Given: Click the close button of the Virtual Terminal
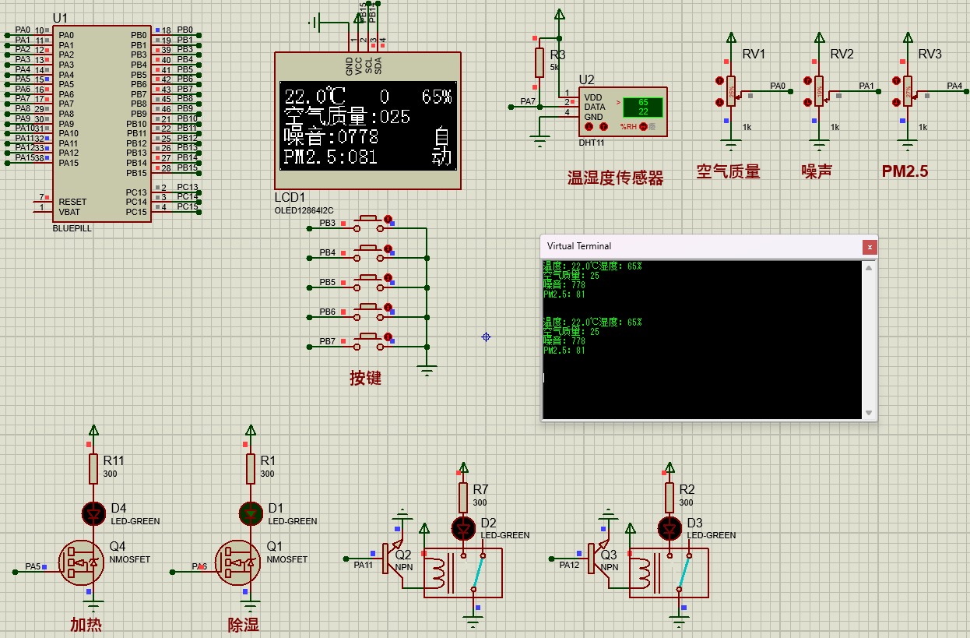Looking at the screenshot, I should click(x=869, y=247).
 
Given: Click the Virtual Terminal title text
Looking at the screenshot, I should click(x=579, y=246).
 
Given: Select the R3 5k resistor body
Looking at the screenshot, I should click(x=539, y=62).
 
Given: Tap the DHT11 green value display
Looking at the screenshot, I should click(x=642, y=108).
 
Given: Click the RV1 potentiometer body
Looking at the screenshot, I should click(x=730, y=90).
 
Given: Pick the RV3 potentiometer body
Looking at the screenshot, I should click(x=908, y=90).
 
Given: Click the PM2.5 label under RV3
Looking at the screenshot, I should click(x=905, y=171).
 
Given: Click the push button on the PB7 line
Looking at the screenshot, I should click(x=370, y=341).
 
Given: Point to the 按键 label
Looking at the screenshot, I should click(x=365, y=379).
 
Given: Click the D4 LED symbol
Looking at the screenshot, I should click(x=94, y=513).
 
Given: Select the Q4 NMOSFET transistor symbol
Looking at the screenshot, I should click(x=82, y=562).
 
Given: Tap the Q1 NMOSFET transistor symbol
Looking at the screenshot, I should click(x=238, y=562).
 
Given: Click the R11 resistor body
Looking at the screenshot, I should click(x=93, y=469).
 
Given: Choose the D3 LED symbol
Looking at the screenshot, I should click(x=670, y=529).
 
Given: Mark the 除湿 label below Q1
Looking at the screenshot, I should click(x=243, y=624).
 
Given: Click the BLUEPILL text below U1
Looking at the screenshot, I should click(x=72, y=229).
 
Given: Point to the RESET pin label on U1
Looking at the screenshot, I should click(x=72, y=202).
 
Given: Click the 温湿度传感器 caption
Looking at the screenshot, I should click(x=615, y=178).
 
